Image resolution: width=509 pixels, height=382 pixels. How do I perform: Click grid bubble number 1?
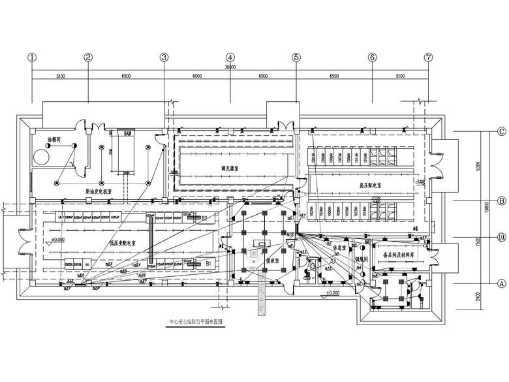pos(31,57)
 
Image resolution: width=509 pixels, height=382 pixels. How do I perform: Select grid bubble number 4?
pos(230,57)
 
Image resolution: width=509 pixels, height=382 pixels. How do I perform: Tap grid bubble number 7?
pos(428,57)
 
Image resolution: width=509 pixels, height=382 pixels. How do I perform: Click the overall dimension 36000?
pos(230,67)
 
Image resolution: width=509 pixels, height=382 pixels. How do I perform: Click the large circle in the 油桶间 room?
pos(42,157)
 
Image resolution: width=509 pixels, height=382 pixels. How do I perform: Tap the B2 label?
pos(204,217)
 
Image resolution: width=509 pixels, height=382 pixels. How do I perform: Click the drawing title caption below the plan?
pos(196,322)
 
